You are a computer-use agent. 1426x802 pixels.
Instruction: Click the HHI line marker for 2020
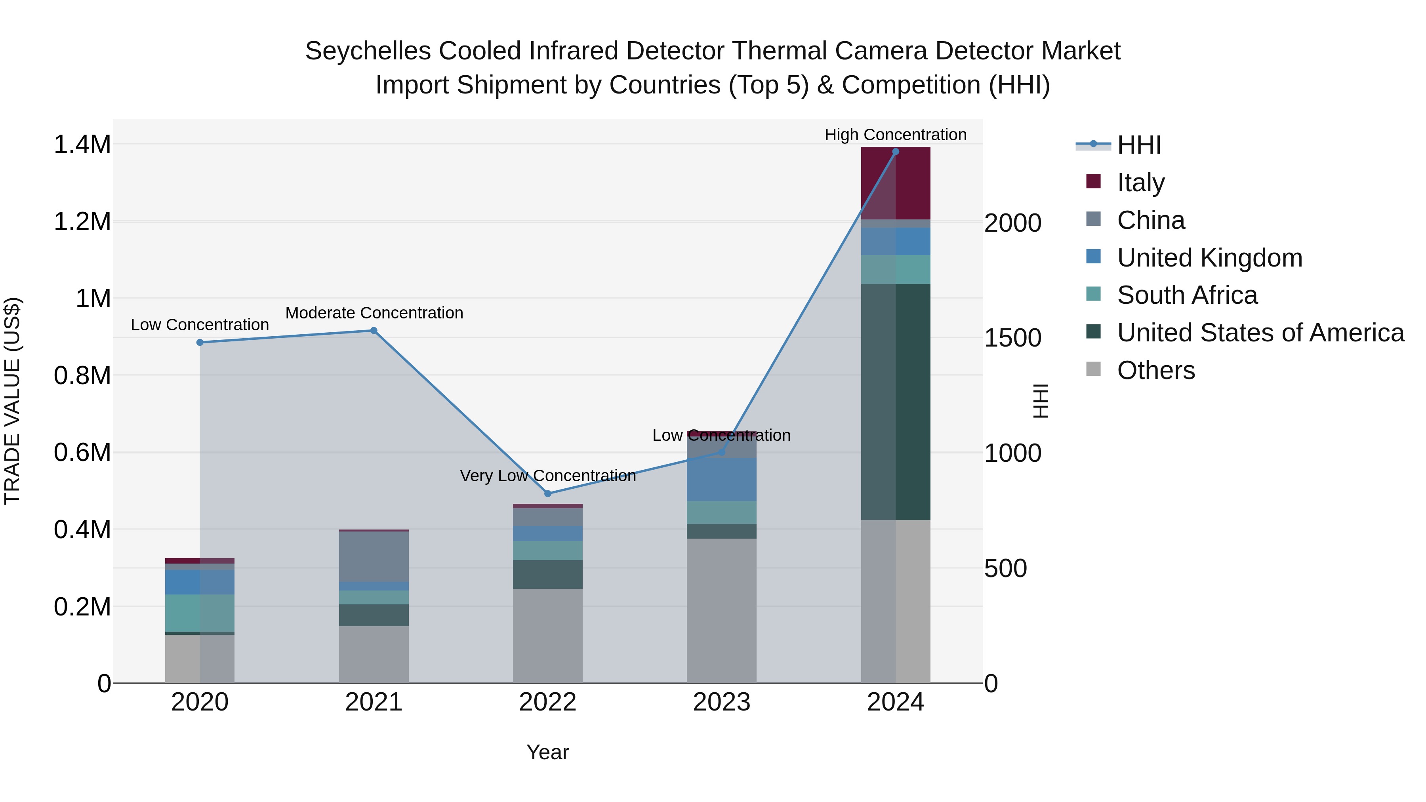200,343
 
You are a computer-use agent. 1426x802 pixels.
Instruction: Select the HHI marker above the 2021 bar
374,330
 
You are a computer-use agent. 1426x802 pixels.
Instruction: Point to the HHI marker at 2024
896,152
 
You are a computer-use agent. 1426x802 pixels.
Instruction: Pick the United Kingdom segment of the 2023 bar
721,479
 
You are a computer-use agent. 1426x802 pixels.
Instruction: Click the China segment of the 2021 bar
374,556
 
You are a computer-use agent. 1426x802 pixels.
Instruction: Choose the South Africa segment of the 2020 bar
200,613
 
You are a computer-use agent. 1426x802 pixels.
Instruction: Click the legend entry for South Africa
1186,295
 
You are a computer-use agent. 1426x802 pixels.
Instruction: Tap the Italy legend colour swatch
1093,181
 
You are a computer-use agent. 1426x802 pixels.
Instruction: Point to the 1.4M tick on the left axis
82,145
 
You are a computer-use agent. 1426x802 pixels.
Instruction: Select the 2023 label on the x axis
721,702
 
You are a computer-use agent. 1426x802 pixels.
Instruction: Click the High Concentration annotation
895,135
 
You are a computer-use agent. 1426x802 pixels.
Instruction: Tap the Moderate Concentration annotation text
374,313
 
